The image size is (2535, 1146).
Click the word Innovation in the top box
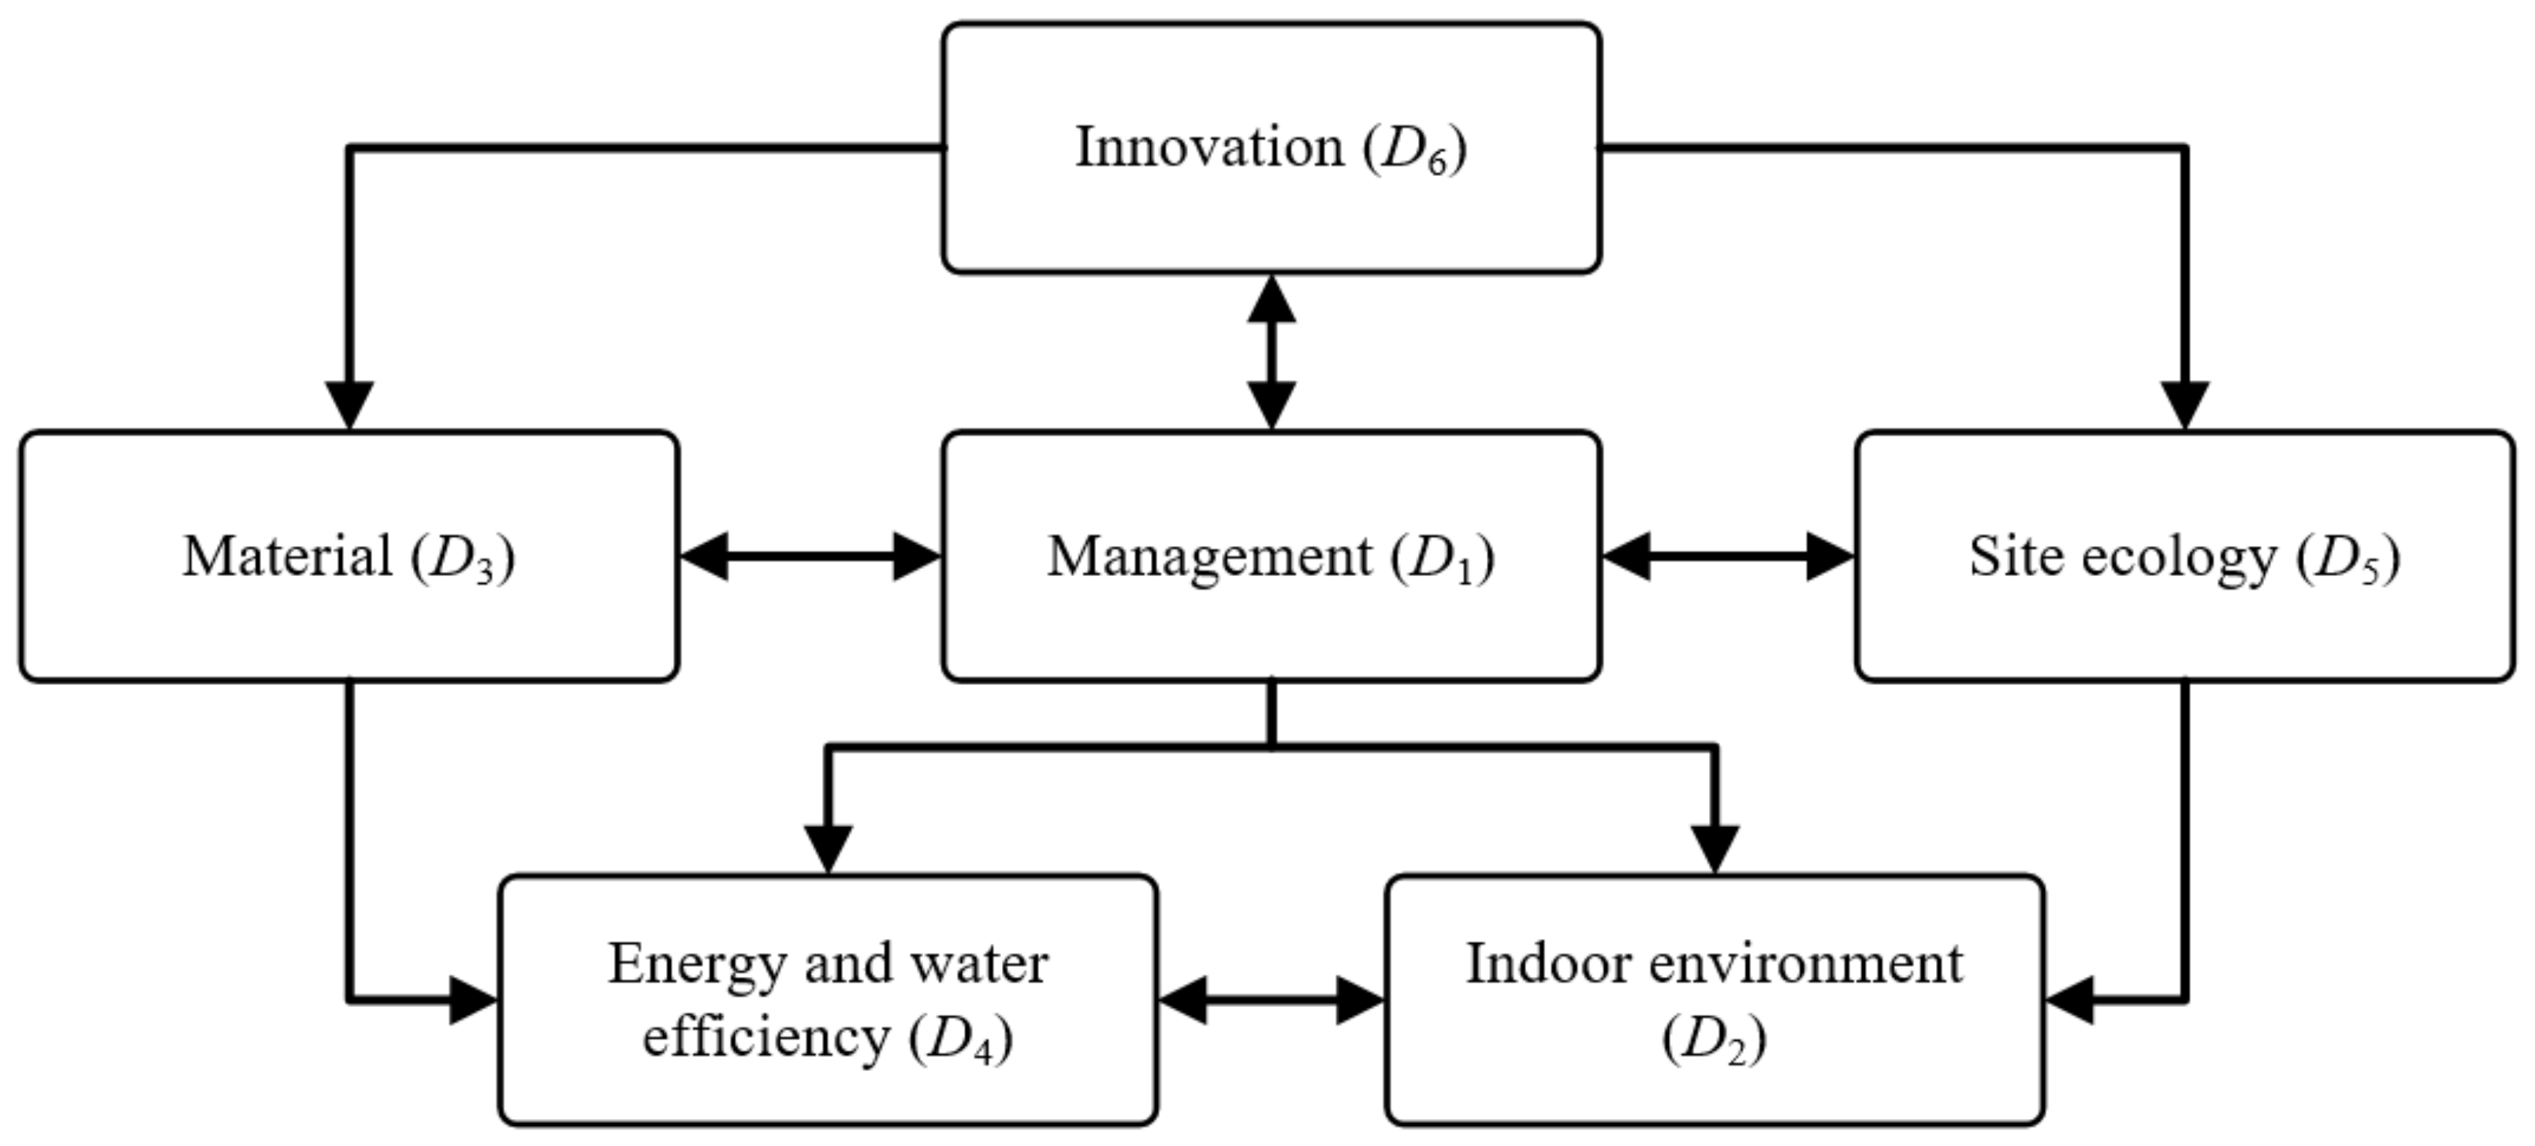pos(1209,147)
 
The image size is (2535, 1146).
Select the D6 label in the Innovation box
pos(1415,150)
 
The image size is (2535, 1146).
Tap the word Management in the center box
pos(1209,558)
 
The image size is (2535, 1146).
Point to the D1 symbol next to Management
pos(1443,559)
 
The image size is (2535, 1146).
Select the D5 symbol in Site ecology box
pos(2348,559)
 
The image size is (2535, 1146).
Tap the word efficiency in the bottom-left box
pos(766,1036)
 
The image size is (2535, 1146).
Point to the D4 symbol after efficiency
pos(960,1039)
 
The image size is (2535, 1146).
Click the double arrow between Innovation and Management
pos(1271,351)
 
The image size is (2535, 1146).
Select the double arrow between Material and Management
pos(810,556)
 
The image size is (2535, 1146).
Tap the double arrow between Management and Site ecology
pos(1727,556)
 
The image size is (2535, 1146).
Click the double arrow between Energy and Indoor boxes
pos(1271,1000)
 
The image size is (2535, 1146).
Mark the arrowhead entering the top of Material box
pos(350,405)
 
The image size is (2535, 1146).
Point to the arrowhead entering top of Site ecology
pos(2185,405)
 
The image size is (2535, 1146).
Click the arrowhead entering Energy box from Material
pos(472,1000)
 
